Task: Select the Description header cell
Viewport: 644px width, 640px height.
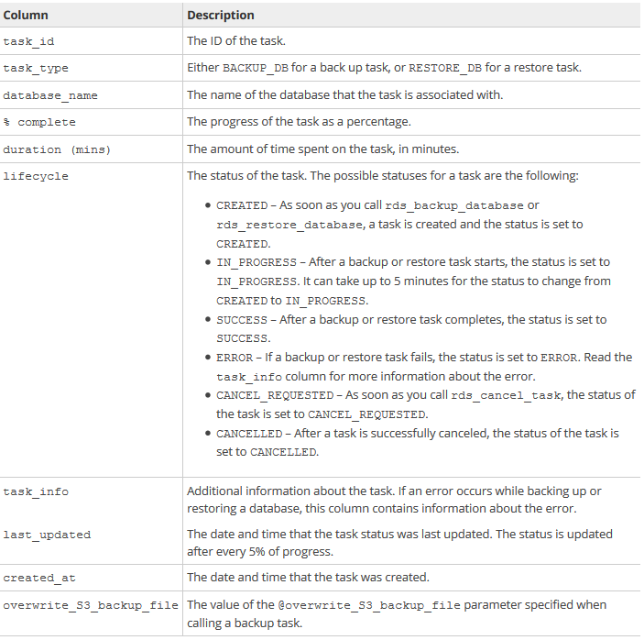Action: [221, 16]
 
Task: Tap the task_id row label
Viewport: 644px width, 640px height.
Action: [28, 41]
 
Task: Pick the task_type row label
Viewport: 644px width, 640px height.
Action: [36, 68]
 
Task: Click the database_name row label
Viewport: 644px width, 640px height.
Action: [50, 95]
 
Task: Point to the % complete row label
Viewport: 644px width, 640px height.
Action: [39, 122]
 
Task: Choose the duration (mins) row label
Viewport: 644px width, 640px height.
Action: [57, 149]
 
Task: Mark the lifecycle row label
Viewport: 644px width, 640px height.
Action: [36, 176]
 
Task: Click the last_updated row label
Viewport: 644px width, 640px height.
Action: [47, 535]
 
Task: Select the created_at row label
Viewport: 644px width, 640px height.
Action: [39, 578]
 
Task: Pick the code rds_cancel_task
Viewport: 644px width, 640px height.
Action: [520, 395]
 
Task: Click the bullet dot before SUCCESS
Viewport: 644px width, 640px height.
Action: [209, 320]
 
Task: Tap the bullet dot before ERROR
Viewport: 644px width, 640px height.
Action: [209, 358]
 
